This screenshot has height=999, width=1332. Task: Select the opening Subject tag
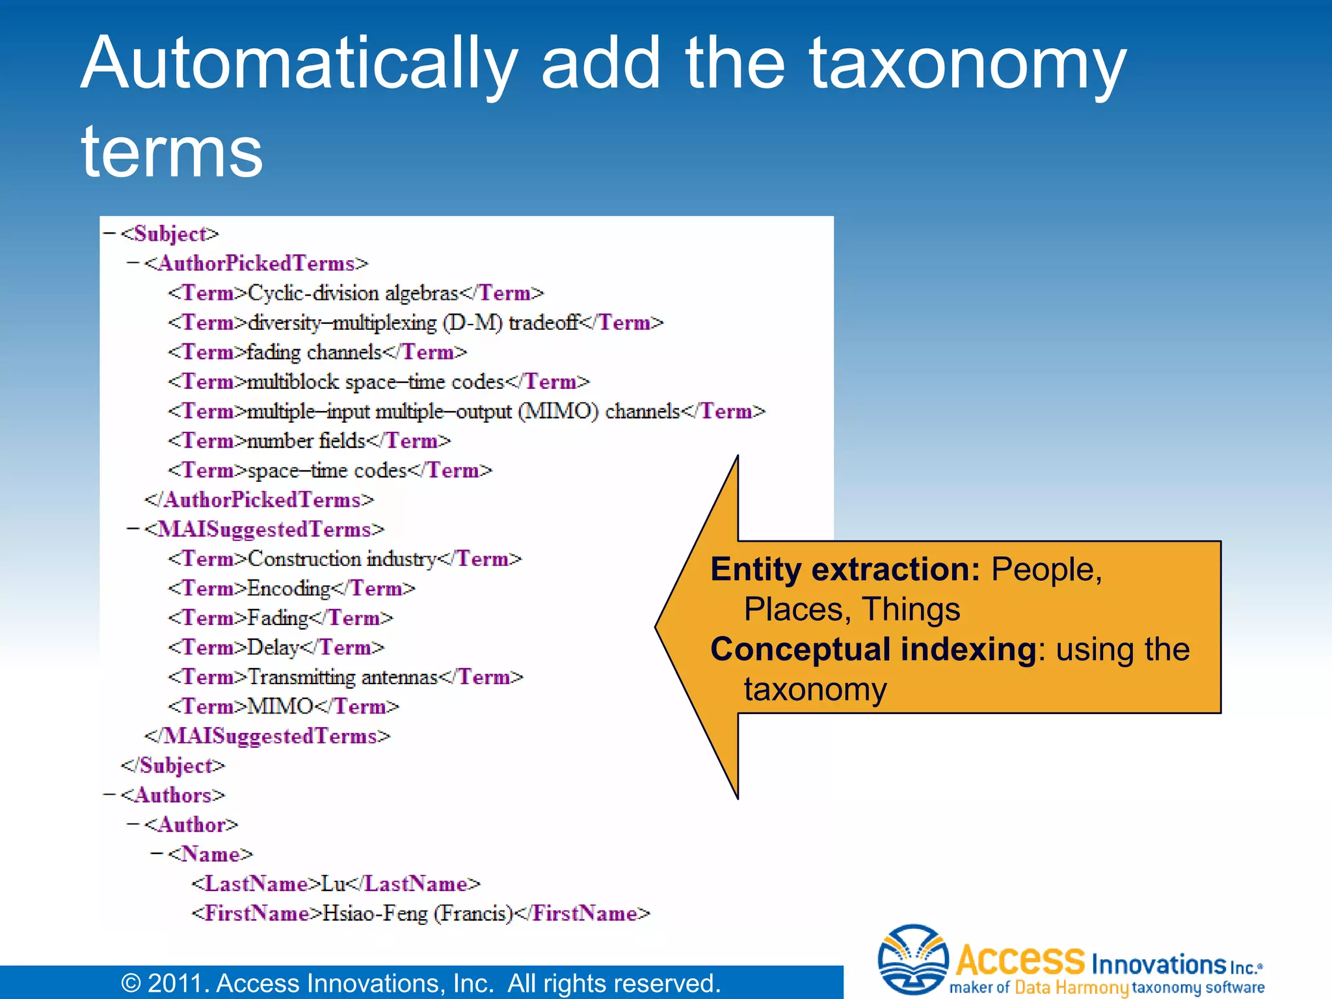[170, 233]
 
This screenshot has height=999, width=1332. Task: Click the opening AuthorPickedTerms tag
[256, 263]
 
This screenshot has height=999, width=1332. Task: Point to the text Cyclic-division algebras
[353, 293]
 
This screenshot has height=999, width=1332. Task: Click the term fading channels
[314, 352]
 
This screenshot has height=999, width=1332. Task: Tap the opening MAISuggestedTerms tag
[264, 529]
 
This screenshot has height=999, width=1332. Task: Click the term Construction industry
[342, 559]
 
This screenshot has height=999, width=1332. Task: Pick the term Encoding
[289, 588]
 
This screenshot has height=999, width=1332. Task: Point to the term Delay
[273, 647]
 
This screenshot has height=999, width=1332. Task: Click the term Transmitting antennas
[343, 677]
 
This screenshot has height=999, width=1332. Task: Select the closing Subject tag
[173, 766]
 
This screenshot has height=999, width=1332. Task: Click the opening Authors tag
[172, 795]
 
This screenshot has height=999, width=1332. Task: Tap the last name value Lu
[334, 883]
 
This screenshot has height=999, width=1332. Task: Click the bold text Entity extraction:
[845, 570]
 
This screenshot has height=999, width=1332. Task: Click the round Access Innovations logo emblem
[912, 960]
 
